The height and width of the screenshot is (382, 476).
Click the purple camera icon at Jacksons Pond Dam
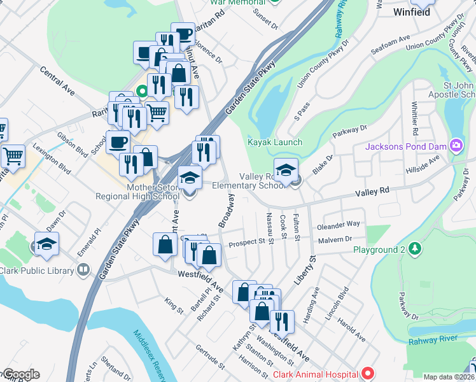456,147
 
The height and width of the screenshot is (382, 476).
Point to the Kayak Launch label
276,142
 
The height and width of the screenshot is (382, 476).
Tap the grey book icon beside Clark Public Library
82,270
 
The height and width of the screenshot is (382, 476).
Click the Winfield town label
412,11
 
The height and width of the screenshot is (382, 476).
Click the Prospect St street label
247,242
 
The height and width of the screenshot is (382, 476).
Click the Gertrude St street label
210,358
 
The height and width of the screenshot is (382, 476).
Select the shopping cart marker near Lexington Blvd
12,155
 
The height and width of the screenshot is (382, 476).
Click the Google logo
20,374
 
